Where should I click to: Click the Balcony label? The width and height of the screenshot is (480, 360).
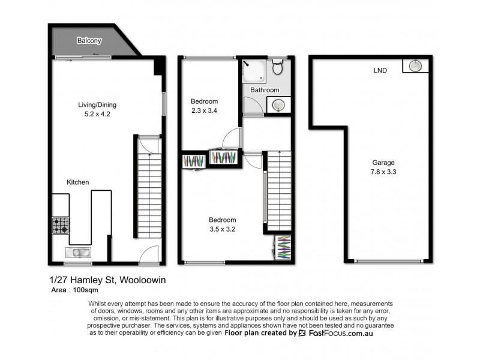pyautogui.click(x=89, y=41)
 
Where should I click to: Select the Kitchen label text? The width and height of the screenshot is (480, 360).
pyautogui.click(x=78, y=182)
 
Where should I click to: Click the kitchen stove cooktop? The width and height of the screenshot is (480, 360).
pyautogui.click(x=60, y=226)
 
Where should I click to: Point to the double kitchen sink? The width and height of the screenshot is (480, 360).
pyautogui.click(x=78, y=253)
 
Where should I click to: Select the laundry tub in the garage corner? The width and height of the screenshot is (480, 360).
pyautogui.click(x=415, y=65)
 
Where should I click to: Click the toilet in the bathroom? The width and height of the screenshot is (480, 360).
pyautogui.click(x=277, y=68)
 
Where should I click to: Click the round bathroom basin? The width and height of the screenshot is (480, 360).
pyautogui.click(x=277, y=106)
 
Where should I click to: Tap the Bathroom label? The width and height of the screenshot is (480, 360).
pyautogui.click(x=265, y=90)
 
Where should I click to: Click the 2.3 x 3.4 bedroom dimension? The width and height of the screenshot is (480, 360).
pyautogui.click(x=204, y=110)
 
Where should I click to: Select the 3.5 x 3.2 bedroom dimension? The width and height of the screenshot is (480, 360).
pyautogui.click(x=222, y=229)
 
